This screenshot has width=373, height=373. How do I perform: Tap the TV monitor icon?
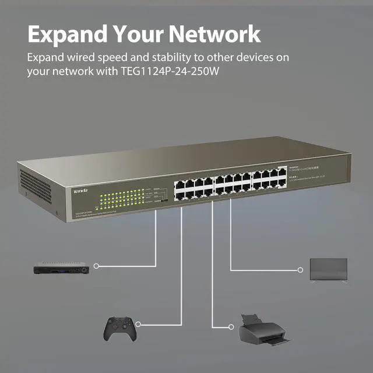pyautogui.click(x=328, y=269)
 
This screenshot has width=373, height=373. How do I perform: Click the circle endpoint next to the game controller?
pyautogui.click(x=139, y=323)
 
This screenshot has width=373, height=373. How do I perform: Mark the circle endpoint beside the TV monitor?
pyautogui.click(x=301, y=270)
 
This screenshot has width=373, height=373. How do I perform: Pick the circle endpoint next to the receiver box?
pyautogui.click(x=96, y=266)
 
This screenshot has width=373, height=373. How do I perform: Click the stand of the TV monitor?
pyautogui.click(x=328, y=280)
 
